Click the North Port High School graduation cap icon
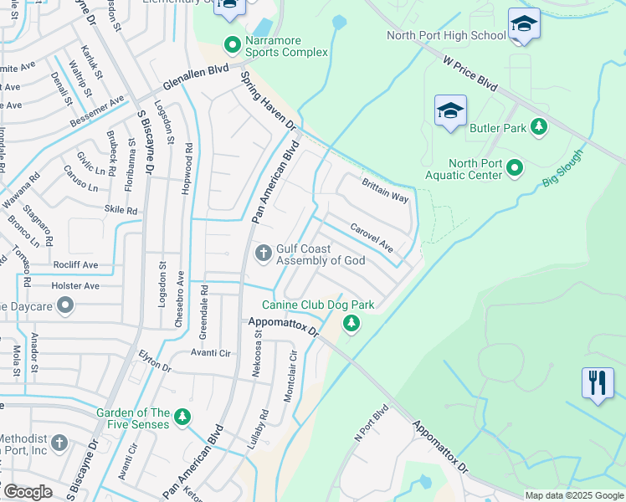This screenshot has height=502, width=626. click(x=524, y=25)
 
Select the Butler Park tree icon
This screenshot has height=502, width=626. click(x=540, y=126)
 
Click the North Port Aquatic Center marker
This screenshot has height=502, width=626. click(x=516, y=168)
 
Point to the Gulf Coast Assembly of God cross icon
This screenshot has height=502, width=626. click(x=263, y=252)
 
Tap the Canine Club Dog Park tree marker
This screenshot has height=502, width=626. click(x=351, y=323)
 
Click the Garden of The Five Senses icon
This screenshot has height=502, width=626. click(x=182, y=417)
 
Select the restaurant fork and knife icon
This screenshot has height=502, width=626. click(x=598, y=383)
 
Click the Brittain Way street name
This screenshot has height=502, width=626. click(x=384, y=190)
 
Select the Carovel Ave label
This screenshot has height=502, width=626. click(x=372, y=237)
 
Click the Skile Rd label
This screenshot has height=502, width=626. click(x=121, y=210)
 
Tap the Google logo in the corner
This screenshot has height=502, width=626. click(x=28, y=492)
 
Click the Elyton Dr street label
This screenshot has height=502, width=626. click(x=155, y=361)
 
